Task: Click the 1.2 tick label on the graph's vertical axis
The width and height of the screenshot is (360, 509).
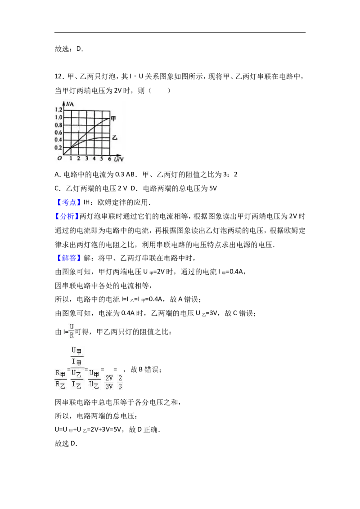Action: click(58, 110)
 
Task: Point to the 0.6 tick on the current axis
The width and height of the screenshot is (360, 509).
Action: click(58, 133)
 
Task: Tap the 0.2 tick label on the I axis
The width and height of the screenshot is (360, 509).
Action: click(58, 147)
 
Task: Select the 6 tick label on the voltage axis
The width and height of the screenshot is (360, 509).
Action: click(109, 159)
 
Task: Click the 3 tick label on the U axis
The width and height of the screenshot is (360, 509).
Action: click(86, 159)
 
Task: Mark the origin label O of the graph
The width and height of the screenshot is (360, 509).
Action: click(59, 158)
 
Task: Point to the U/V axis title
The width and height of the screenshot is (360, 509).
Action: click(119, 159)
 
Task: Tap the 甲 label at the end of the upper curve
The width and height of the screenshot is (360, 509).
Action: click(113, 118)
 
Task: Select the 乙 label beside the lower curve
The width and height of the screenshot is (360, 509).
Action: click(114, 137)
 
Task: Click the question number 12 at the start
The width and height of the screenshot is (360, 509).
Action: click(58, 76)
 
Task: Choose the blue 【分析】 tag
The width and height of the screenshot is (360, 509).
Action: click(67, 217)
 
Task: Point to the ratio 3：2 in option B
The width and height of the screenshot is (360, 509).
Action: click(230, 174)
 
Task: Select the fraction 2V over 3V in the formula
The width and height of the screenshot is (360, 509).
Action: click(109, 382)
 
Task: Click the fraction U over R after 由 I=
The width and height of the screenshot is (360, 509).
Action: click(72, 331)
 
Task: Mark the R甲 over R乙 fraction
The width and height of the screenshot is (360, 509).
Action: click(60, 379)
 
